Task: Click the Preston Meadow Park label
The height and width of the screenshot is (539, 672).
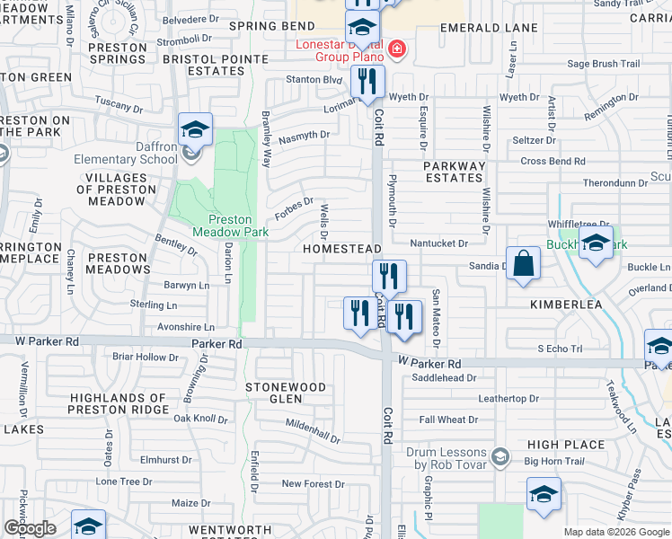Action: point(231,225)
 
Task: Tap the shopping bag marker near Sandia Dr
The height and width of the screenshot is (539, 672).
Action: point(524,264)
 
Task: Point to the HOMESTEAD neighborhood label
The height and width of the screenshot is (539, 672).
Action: point(341,248)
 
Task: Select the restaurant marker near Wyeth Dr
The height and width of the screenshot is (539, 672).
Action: point(367,82)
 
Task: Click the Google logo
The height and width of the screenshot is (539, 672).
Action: point(30,528)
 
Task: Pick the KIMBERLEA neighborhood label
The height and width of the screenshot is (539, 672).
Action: point(566,305)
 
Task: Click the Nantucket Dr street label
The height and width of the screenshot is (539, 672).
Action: point(439,243)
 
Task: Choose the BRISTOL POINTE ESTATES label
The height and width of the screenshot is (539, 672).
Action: point(217,65)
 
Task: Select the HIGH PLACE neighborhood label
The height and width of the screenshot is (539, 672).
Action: point(566,445)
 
